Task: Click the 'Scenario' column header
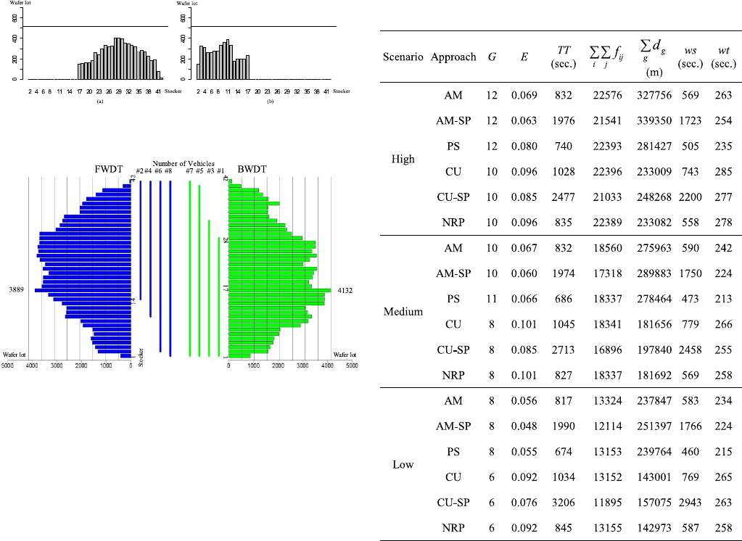pyautogui.click(x=403, y=57)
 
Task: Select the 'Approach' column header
pyautogui.click(x=453, y=57)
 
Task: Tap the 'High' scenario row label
pyautogui.click(x=403, y=159)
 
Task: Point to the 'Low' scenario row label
pyautogui.click(x=403, y=464)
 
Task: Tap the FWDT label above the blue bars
pyautogui.click(x=107, y=170)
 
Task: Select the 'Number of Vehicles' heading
pyautogui.click(x=184, y=163)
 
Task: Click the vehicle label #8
pyautogui.click(x=168, y=171)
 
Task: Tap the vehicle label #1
pyautogui.click(x=220, y=171)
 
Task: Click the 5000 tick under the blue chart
pyautogui.click(x=8, y=367)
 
